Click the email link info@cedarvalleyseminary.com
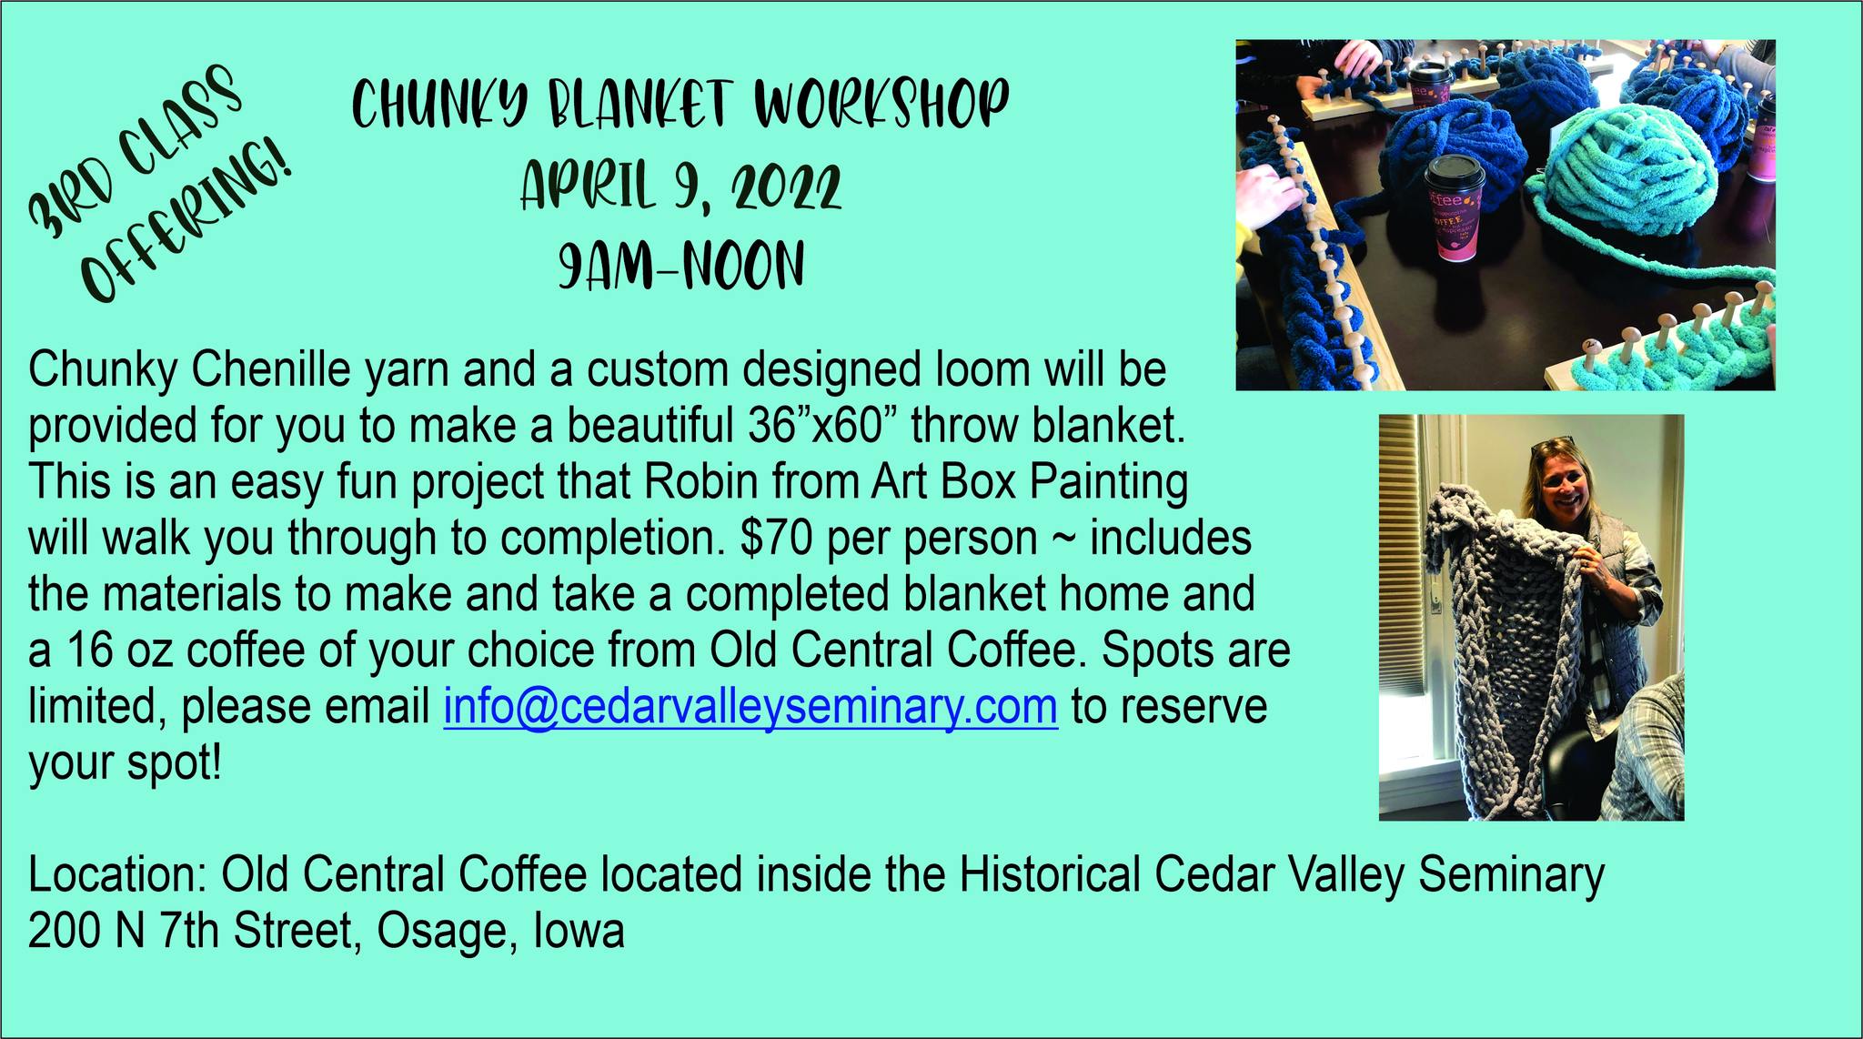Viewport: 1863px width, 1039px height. (750, 707)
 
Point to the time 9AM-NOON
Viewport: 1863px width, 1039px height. (681, 265)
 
